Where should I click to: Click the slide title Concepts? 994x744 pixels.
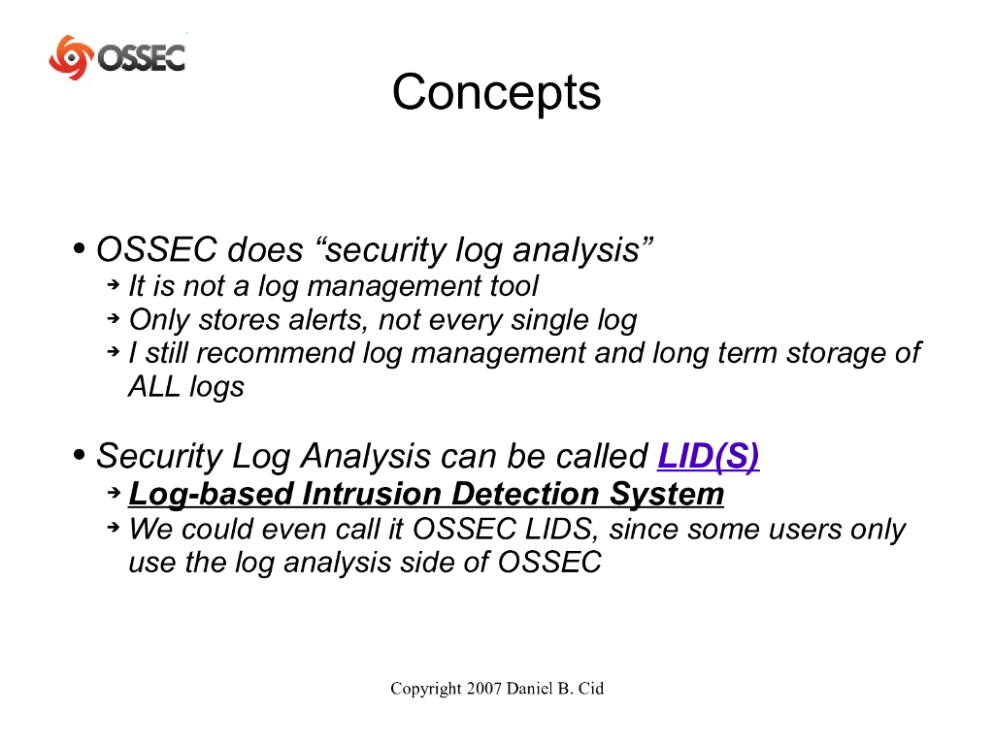(496, 92)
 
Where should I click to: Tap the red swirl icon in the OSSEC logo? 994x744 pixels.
(70, 57)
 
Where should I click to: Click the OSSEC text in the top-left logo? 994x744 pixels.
(141, 58)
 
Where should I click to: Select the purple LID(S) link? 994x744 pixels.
(708, 456)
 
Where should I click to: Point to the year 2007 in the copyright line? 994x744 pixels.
(483, 689)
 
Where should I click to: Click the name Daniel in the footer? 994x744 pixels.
(529, 689)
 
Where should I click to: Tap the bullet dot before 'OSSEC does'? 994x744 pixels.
(80, 247)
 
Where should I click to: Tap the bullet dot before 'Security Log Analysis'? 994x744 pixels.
(80, 454)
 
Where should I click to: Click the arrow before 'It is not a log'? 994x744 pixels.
(114, 285)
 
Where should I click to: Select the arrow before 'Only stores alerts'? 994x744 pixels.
(114, 318)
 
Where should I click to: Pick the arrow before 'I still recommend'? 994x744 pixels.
(114, 351)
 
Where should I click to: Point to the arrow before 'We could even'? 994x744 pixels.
(114, 527)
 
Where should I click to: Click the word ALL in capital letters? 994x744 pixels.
(154, 386)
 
